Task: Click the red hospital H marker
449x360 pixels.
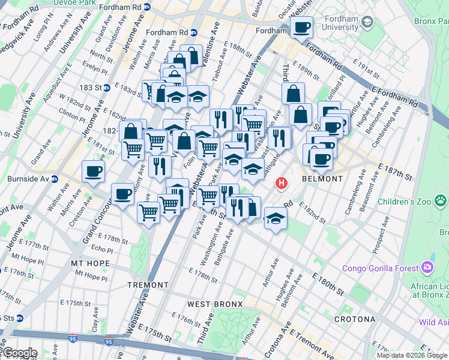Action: [x=280, y=182]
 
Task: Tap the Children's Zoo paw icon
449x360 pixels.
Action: [x=441, y=200]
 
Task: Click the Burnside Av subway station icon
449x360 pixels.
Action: [x=55, y=179]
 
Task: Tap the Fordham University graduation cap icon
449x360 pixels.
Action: [x=368, y=23]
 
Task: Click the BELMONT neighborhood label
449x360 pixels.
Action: [x=322, y=179]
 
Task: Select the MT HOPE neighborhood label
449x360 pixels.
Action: [x=90, y=263]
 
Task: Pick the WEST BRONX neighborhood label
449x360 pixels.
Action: [x=214, y=304]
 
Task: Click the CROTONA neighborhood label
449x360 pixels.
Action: [x=355, y=318]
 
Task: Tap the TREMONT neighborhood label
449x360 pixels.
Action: [x=148, y=284]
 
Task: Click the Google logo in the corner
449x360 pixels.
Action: [x=19, y=353]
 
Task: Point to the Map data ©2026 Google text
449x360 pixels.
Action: [x=412, y=355]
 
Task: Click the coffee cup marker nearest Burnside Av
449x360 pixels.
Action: [x=93, y=171]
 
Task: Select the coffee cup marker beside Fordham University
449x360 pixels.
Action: [x=301, y=27]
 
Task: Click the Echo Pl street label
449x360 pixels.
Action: [x=101, y=249]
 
